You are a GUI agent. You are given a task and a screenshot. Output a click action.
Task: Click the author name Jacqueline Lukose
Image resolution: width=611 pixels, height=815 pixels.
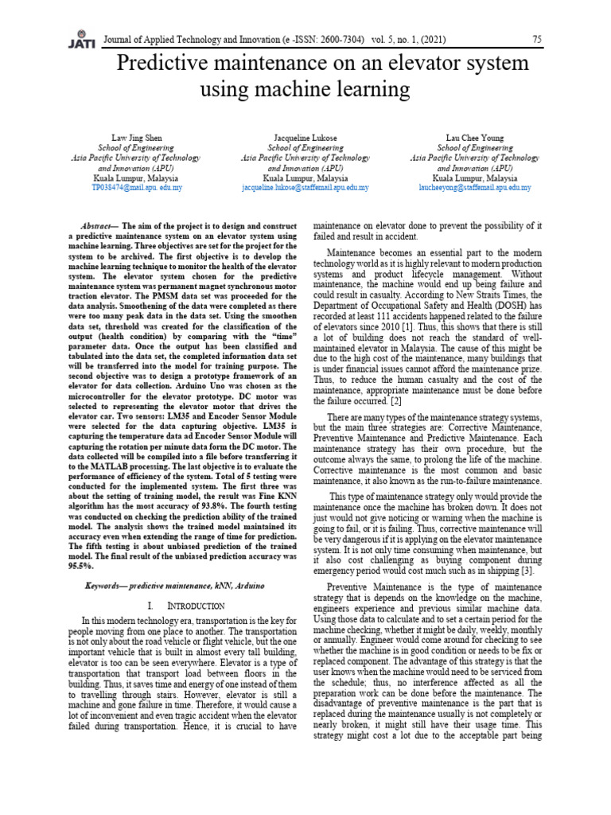(x=305, y=138)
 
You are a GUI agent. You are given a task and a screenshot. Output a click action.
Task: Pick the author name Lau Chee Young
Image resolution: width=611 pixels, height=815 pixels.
(x=475, y=138)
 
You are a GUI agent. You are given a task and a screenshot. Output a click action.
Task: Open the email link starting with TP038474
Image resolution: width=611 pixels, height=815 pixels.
(x=136, y=188)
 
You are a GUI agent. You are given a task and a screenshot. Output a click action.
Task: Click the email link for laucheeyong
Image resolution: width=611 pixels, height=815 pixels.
(x=475, y=188)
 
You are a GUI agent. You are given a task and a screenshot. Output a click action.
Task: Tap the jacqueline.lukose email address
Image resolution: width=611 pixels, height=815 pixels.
(x=305, y=188)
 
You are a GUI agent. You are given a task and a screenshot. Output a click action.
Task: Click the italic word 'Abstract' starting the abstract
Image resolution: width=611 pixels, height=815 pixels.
(x=99, y=226)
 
